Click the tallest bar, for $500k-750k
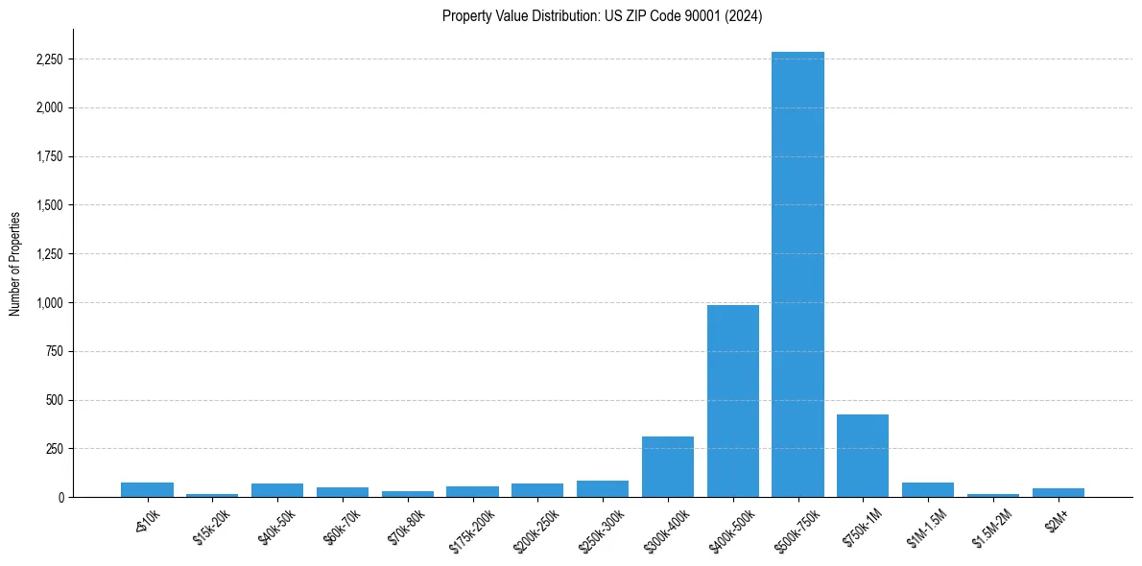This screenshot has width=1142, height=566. click(797, 274)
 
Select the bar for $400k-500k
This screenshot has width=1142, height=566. click(733, 401)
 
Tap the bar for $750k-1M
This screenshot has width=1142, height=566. click(863, 456)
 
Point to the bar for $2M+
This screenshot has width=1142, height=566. click(1059, 492)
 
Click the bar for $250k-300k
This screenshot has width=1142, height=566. click(603, 489)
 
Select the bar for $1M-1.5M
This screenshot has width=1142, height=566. click(928, 490)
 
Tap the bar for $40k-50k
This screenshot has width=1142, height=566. click(277, 490)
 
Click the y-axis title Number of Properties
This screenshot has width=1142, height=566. click(14, 263)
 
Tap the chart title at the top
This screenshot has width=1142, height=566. click(602, 15)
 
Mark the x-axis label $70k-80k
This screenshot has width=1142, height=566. click(406, 526)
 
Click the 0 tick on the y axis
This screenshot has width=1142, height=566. click(62, 498)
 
